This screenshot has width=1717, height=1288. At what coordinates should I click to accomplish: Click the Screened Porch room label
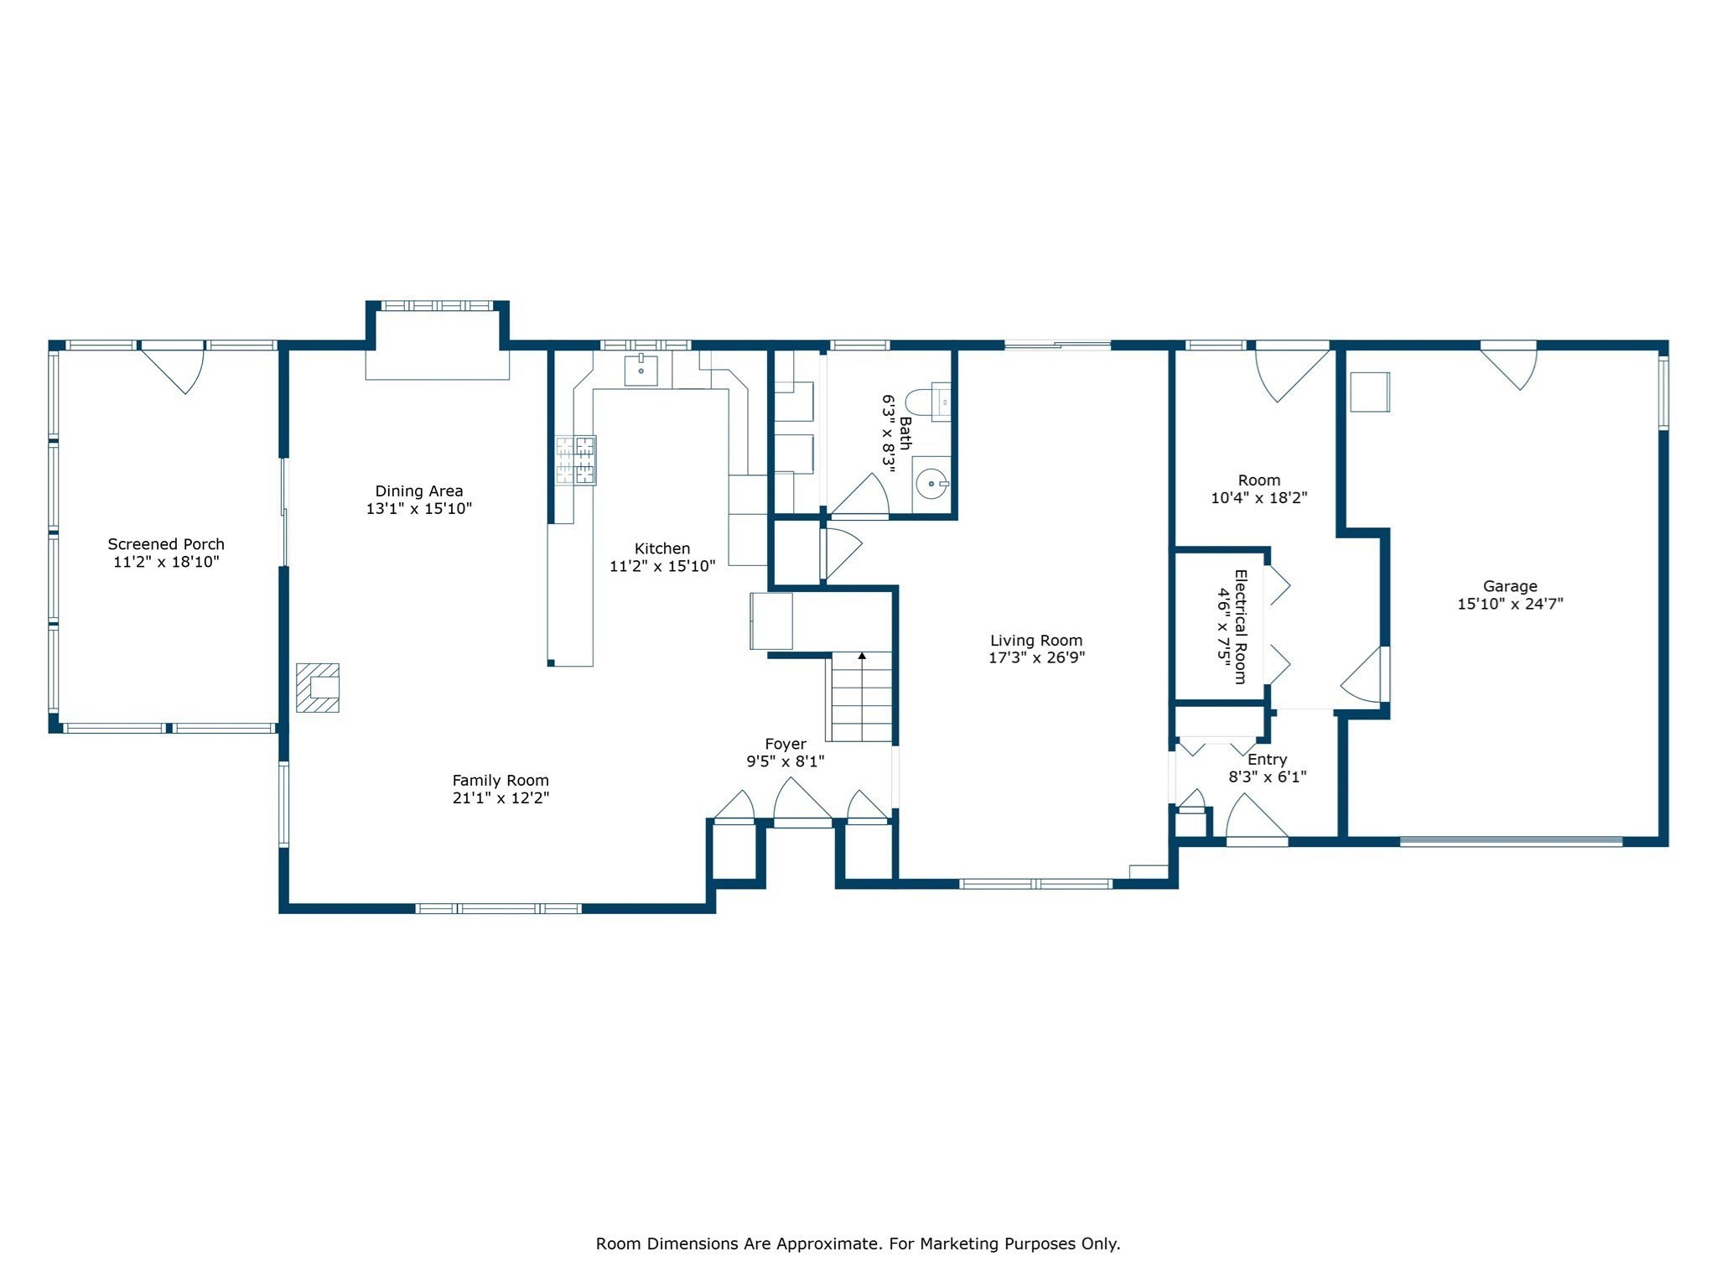point(166,544)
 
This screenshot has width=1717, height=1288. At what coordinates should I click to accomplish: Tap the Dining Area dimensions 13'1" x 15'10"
point(419,509)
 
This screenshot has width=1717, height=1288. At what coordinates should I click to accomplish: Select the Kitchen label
point(662,548)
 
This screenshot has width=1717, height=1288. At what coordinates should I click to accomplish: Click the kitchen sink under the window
point(641,370)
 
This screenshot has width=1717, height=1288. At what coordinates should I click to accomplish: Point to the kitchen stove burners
point(576,460)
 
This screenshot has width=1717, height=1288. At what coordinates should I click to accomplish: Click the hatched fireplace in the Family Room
point(318,688)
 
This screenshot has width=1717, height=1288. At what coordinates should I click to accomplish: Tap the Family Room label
point(501,781)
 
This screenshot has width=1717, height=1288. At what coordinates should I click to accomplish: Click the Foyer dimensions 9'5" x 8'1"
point(786,761)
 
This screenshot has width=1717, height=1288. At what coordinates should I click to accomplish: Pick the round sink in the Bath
point(931,484)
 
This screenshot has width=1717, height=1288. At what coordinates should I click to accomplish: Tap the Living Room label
point(1036,641)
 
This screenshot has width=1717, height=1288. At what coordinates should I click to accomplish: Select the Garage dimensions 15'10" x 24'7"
point(1511,604)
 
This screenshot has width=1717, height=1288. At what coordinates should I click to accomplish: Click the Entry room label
point(1268,760)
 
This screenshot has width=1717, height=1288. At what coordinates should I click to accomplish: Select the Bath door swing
point(860,496)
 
